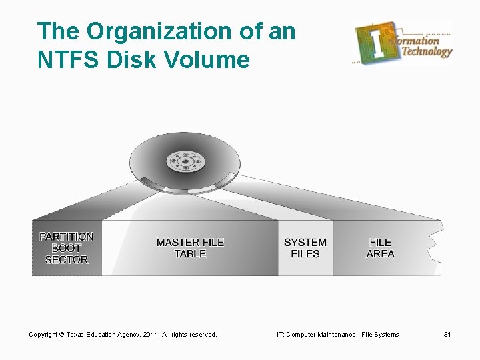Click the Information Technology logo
403,42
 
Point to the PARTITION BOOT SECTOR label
66,248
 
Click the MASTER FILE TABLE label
190,248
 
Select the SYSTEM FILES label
305,248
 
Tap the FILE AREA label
381,248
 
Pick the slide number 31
447,334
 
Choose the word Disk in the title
142,60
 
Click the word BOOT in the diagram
66,248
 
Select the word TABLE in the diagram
190,254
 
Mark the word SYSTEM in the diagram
305,242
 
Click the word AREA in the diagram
381,254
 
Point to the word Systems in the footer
385,334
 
